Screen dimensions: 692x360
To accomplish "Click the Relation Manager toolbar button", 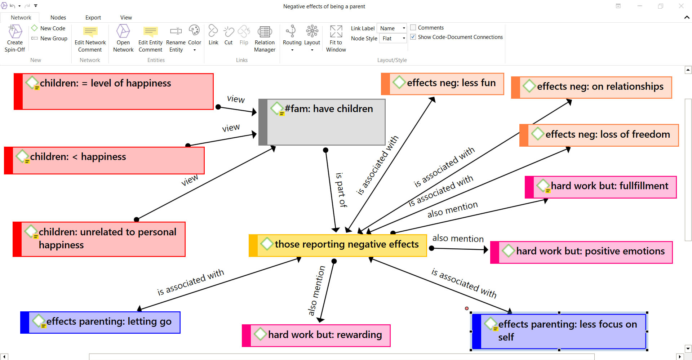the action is (265, 39).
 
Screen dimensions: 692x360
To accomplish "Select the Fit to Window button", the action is (336, 39).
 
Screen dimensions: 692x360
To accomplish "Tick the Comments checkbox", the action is (413, 27).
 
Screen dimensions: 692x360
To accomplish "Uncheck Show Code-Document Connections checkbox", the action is (413, 37).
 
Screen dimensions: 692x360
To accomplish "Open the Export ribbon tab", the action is (93, 17).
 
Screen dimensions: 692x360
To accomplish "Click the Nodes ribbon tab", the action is (58, 17).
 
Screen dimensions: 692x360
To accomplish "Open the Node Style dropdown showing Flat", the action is (393, 38).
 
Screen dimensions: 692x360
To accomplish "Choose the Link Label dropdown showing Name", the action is (392, 28).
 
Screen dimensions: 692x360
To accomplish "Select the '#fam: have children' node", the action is (322, 122).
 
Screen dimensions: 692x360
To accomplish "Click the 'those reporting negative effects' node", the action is (338, 245).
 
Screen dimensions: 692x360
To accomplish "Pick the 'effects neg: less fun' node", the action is (442, 84).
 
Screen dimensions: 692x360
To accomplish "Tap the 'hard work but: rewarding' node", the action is (316, 335).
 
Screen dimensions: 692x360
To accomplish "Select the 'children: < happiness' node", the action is (104, 160).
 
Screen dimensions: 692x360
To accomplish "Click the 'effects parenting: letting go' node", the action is (100, 322).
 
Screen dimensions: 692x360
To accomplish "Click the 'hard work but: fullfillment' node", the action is (600, 187).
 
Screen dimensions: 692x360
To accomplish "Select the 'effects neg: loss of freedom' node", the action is (599, 135).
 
